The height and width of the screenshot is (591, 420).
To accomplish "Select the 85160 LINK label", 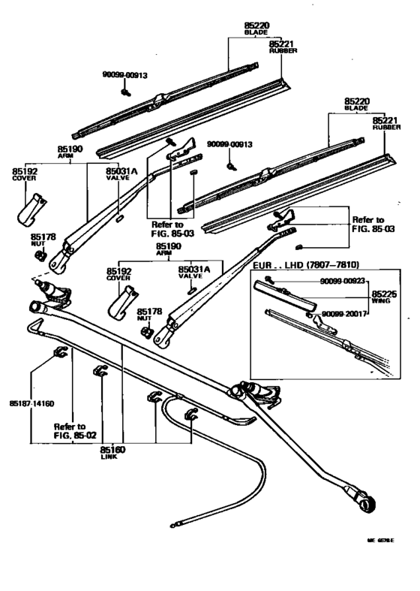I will pos(112,452).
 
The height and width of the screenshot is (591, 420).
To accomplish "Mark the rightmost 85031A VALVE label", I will pos(193,272).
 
